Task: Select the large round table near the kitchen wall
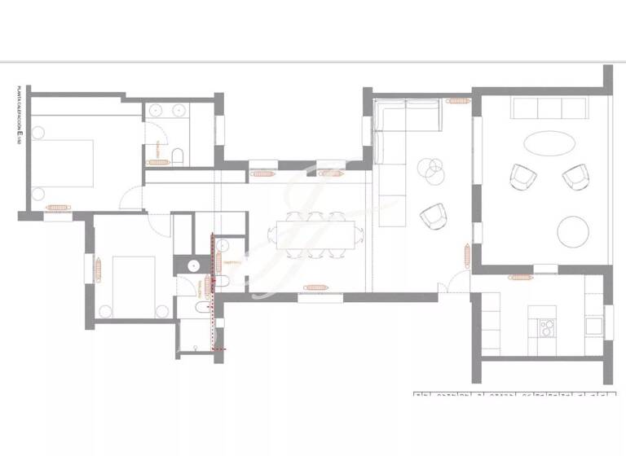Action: pyautogui.click(x=575, y=230)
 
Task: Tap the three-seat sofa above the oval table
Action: pyautogui.click(x=549, y=107)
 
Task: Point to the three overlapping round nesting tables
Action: pyautogui.click(x=431, y=169)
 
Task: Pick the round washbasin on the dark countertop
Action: pyautogui.click(x=194, y=264)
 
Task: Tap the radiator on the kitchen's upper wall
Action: pyautogui.click(x=519, y=278)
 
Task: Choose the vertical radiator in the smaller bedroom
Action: pyautogui.click(x=97, y=268)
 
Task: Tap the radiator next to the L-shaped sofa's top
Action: pyautogui.click(x=454, y=101)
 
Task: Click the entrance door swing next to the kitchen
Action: pyautogui.click(x=446, y=284)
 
